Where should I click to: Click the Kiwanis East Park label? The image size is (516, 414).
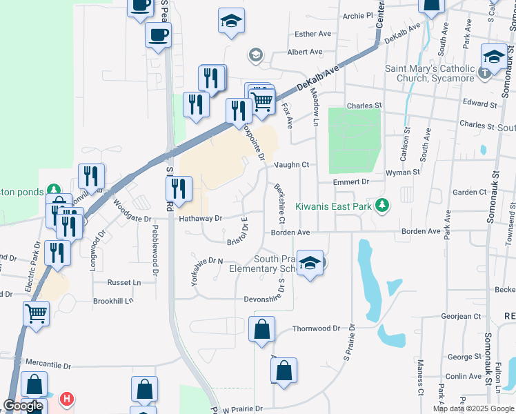(x=334, y=206)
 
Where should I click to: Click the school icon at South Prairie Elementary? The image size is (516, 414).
(x=310, y=263)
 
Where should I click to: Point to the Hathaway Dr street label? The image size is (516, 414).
(x=200, y=218)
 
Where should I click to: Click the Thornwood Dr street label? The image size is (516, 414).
(x=316, y=329)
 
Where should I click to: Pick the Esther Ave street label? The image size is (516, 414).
(x=313, y=34)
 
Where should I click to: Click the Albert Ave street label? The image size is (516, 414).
(x=305, y=52)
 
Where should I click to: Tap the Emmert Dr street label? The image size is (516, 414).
(x=351, y=181)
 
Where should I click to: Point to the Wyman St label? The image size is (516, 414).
(x=402, y=172)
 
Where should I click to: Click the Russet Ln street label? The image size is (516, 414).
(x=123, y=282)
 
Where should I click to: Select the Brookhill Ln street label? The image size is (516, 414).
(x=113, y=301)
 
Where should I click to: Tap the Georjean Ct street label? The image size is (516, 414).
(x=460, y=316)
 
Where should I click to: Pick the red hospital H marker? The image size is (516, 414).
(x=67, y=399)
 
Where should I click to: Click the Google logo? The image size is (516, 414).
(x=23, y=406)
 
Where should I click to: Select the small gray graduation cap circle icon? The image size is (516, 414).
(x=256, y=55)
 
